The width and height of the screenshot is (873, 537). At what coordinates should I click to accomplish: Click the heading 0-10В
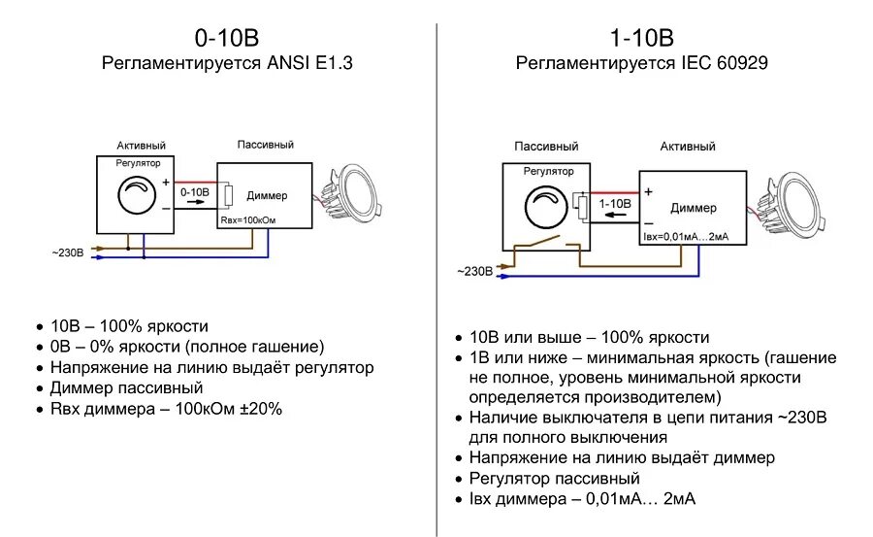click(x=227, y=39)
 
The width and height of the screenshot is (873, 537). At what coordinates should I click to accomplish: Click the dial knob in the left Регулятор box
click(x=136, y=194)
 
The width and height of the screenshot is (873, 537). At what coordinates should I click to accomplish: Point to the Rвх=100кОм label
click(x=248, y=221)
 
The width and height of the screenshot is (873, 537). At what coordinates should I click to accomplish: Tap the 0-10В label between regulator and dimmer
click(x=195, y=192)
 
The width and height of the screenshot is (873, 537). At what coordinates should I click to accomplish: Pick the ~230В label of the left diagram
click(x=67, y=253)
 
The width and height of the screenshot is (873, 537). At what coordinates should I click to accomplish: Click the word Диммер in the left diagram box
click(x=267, y=195)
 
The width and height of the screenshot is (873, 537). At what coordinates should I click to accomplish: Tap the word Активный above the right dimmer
click(x=688, y=147)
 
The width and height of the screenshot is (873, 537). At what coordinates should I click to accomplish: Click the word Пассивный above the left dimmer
click(x=266, y=145)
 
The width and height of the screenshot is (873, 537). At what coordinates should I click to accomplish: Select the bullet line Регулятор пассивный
click(x=554, y=479)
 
